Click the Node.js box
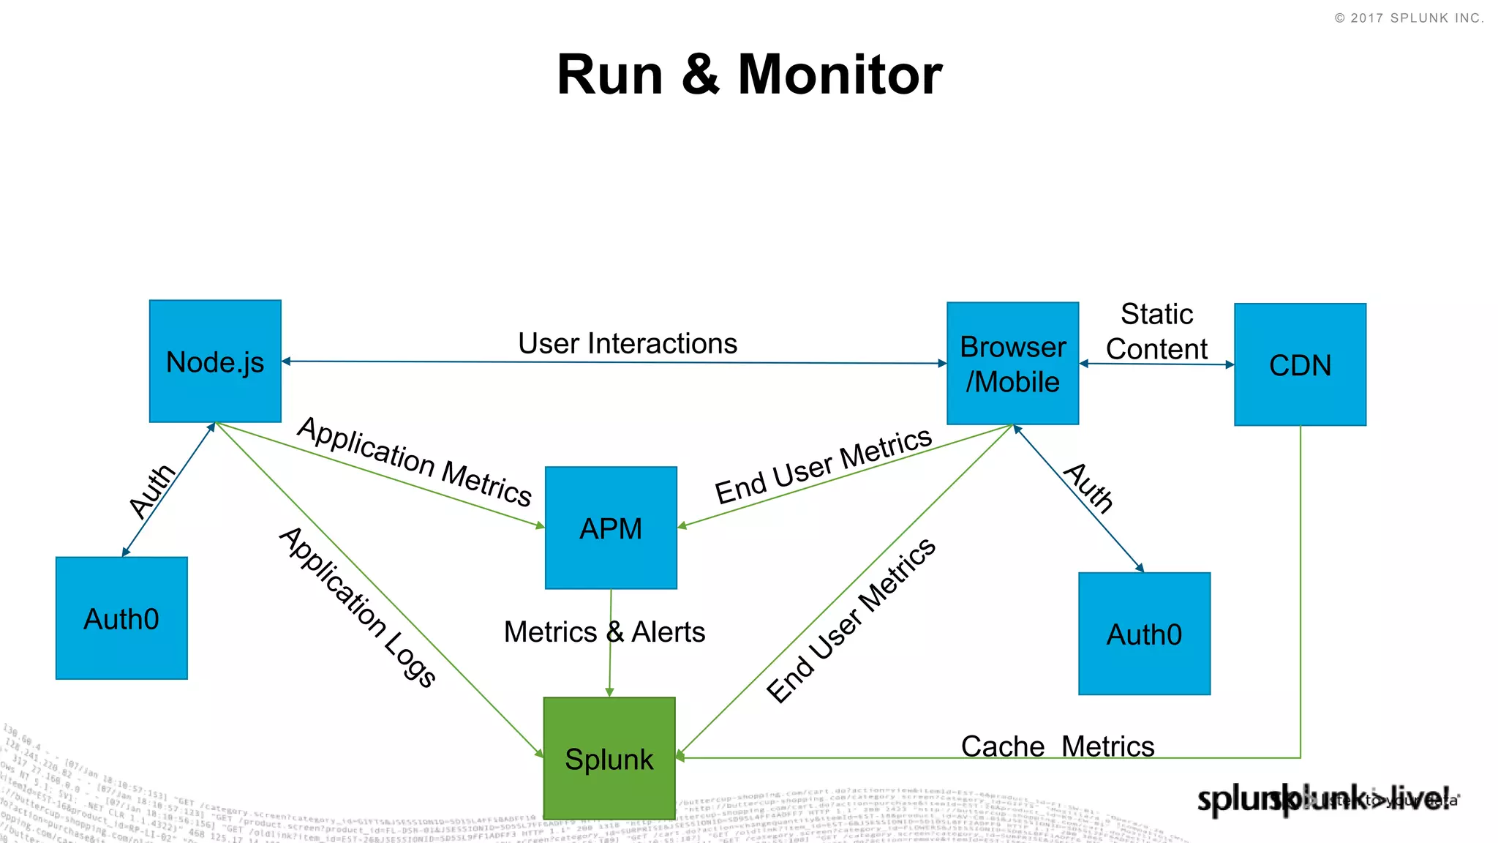point(215,361)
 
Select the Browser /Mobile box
point(1012,364)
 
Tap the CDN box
point(1300,364)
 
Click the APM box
point(611,528)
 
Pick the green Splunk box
point(609,758)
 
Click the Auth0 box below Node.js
point(121,618)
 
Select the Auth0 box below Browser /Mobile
point(1144,634)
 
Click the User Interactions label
point(628,343)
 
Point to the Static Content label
point(1156,331)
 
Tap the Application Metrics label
point(415,462)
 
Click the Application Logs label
point(358,607)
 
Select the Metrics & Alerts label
point(604,632)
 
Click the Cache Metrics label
point(1057,746)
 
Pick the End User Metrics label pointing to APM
point(823,466)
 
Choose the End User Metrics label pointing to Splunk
point(851,620)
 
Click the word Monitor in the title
point(840,75)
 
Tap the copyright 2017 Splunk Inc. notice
point(1409,18)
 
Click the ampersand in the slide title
point(700,75)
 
